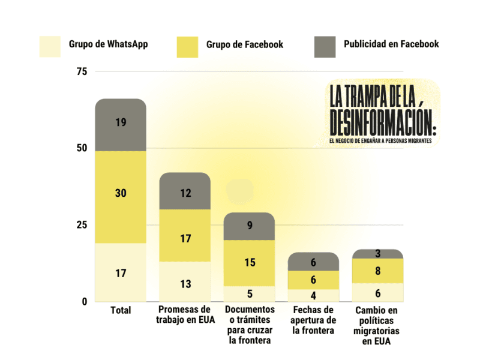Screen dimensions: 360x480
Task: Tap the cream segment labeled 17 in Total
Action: (121, 272)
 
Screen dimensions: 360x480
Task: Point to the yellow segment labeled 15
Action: (249, 263)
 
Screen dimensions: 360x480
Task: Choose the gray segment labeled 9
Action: (249, 226)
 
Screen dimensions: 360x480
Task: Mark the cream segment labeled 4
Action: (313, 295)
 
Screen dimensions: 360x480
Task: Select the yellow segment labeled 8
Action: (377, 271)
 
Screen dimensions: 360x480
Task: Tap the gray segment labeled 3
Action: (377, 254)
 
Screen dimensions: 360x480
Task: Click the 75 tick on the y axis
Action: (82, 71)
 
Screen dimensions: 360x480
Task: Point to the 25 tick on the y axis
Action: (82, 225)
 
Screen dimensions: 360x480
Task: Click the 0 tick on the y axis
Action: (85, 301)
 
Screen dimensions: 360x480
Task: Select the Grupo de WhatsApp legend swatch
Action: (50, 46)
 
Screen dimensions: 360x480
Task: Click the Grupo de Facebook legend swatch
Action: (187, 46)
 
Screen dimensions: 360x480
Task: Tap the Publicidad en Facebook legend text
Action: (391, 44)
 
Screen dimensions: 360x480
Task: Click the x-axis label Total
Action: (121, 310)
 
